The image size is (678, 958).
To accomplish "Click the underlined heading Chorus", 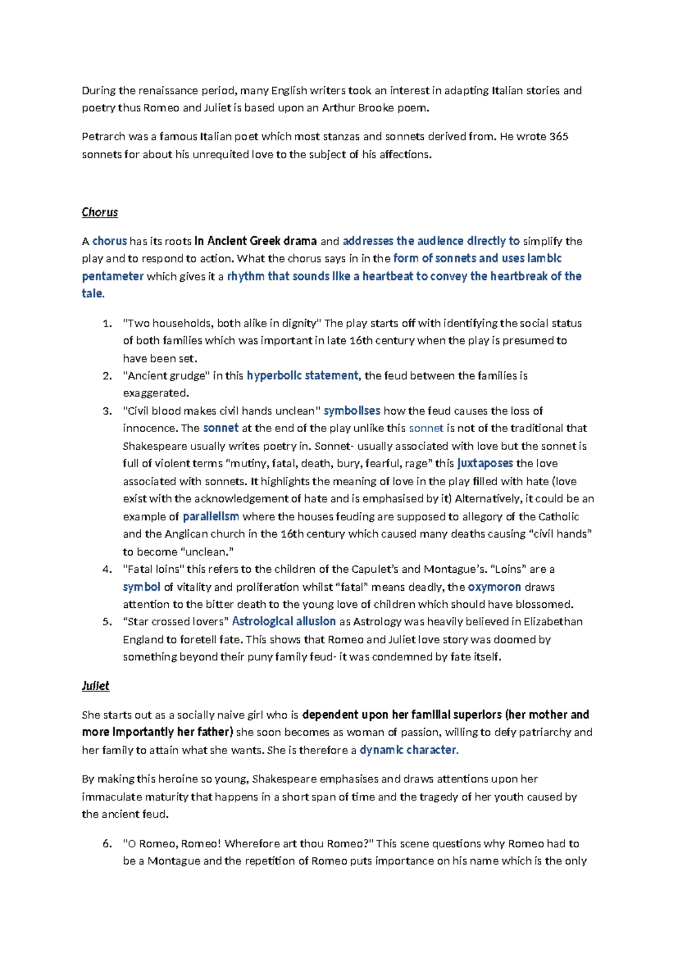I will click(x=99, y=212).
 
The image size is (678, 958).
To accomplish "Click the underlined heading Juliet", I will click(x=95, y=686).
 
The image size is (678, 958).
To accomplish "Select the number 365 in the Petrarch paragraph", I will click(x=558, y=137).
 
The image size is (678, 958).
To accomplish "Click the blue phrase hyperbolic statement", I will click(x=302, y=376).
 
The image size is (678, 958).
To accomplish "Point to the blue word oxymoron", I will click(x=494, y=587).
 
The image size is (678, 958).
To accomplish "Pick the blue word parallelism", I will click(x=211, y=516).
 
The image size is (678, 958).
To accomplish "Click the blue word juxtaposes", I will click(x=485, y=463).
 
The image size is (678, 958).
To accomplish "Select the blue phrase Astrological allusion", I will click(x=284, y=621).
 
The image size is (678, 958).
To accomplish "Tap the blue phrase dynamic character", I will click(x=408, y=750).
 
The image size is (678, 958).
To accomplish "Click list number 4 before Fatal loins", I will click(x=107, y=569).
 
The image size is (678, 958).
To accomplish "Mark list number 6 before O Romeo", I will click(x=107, y=844).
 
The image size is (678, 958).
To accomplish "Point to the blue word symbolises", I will click(x=351, y=411).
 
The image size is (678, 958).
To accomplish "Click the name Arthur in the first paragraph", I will click(x=338, y=108).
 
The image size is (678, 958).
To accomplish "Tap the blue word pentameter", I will click(x=112, y=276).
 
